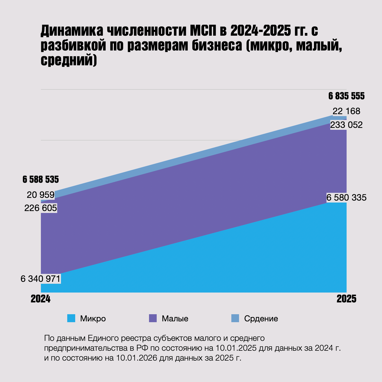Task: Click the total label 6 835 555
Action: (x=346, y=96)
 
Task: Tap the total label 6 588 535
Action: (x=41, y=179)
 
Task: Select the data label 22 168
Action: (x=346, y=111)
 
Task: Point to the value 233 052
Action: (x=346, y=125)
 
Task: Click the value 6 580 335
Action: (x=346, y=198)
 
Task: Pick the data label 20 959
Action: (x=41, y=195)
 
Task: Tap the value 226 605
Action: (x=41, y=208)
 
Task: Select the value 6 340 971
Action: (x=41, y=279)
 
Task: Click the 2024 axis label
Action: (x=41, y=299)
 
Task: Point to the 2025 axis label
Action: (x=346, y=299)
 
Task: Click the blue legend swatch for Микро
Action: (x=71, y=318)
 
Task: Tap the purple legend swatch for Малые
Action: (x=153, y=318)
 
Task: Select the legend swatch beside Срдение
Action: (x=235, y=318)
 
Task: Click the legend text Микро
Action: (x=93, y=319)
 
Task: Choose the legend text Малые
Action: (x=175, y=319)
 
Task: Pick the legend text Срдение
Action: (x=261, y=319)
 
